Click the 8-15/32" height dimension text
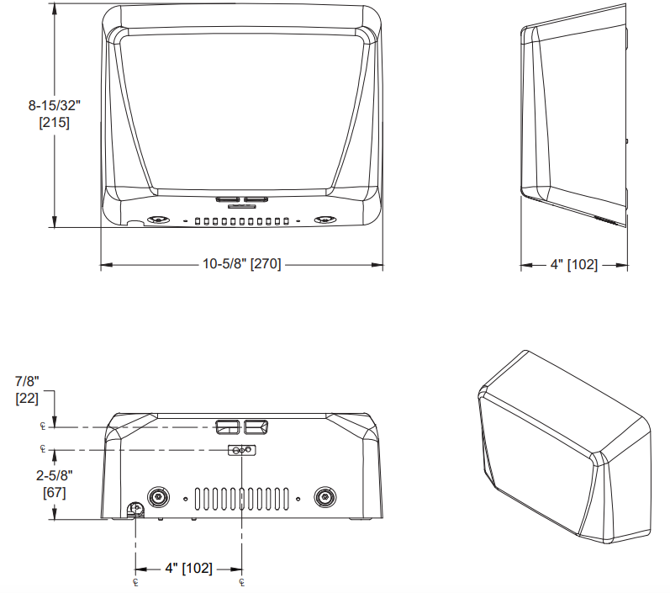click(x=53, y=106)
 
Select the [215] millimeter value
click(x=53, y=123)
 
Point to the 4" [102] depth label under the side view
click(x=574, y=265)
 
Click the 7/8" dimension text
click(x=27, y=382)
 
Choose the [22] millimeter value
click(x=27, y=399)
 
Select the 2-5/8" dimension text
click(x=53, y=475)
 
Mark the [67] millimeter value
click(x=55, y=492)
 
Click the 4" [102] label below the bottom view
click(x=188, y=569)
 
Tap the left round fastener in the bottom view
click(x=156, y=497)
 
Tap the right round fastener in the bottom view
click(x=323, y=497)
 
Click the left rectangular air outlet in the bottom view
click(x=226, y=427)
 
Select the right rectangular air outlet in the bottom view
click(x=256, y=427)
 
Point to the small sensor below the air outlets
click(x=242, y=451)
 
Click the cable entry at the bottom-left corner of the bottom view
click(x=134, y=511)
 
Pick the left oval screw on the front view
click(x=156, y=220)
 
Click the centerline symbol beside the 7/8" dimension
click(x=42, y=426)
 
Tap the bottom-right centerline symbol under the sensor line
click(x=241, y=582)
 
